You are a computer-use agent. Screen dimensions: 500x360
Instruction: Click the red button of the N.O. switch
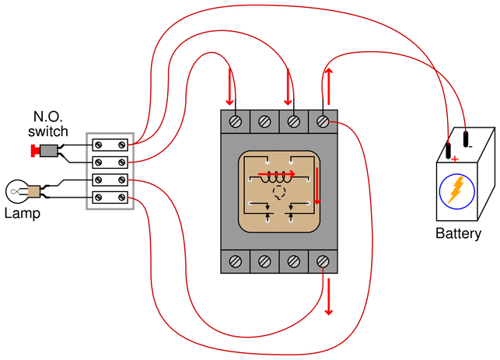click(33, 151)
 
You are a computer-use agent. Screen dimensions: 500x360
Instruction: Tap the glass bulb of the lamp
click(16, 191)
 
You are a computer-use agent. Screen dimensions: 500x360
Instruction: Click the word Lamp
click(23, 213)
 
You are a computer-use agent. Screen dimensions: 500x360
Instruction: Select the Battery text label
click(458, 234)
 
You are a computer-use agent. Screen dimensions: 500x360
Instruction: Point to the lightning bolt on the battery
click(456, 190)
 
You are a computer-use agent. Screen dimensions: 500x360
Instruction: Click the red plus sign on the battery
click(455, 159)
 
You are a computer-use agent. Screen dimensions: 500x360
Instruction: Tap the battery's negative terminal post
click(466, 139)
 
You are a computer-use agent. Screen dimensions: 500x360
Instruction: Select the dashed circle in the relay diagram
click(279, 192)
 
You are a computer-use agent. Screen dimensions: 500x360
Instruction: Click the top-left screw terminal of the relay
click(236, 121)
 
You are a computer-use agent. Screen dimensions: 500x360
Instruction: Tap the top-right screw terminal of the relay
click(323, 121)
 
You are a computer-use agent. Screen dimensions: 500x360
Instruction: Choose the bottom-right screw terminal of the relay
click(323, 261)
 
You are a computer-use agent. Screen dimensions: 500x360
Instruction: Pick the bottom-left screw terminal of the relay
click(236, 261)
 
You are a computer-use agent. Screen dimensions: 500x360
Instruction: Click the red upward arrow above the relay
click(329, 86)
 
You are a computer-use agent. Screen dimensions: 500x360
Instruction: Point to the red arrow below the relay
click(329, 296)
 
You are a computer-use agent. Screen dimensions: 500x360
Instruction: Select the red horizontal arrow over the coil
click(277, 174)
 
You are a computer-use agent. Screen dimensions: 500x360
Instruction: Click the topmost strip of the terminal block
click(110, 145)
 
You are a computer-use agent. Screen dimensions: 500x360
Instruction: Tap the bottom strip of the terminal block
click(110, 197)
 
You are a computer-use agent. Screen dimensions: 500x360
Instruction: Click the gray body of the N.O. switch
click(48, 151)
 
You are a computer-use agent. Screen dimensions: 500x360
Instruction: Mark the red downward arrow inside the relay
click(316, 186)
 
